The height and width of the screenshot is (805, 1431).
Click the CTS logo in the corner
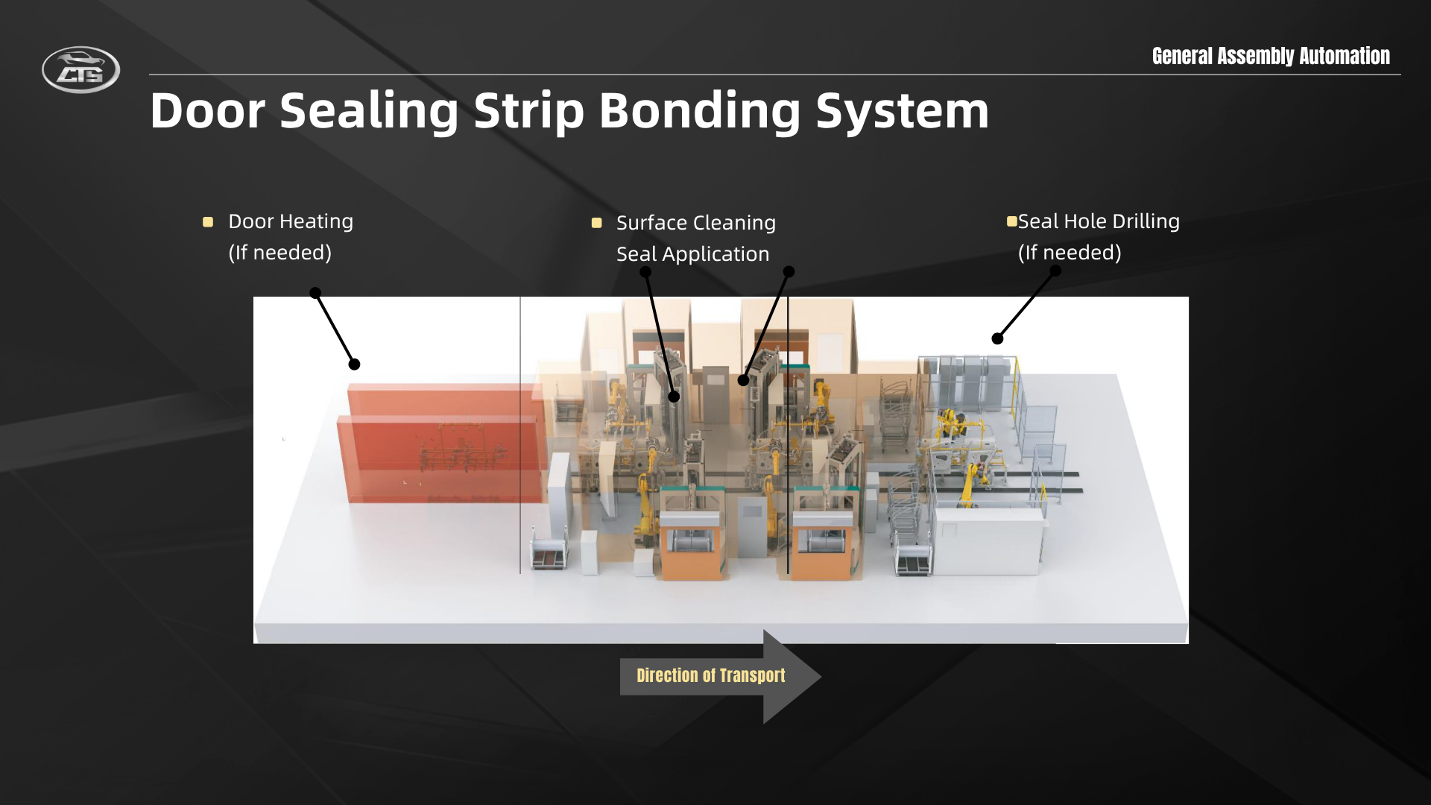(80, 70)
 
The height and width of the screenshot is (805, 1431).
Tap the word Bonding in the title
(699, 111)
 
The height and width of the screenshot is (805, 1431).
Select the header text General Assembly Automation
(1271, 56)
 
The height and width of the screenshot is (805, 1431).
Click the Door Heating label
(291, 221)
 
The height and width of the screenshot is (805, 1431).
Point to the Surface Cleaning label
(696, 223)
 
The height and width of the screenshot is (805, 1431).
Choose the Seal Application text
(692, 254)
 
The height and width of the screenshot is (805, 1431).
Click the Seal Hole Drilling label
(1099, 221)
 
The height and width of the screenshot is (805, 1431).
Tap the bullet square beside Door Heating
(208, 222)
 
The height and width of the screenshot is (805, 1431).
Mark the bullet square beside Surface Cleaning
(596, 223)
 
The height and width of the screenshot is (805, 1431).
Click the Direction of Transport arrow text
(711, 675)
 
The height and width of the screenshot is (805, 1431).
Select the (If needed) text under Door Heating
(279, 253)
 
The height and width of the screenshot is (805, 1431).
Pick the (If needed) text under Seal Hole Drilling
(1070, 253)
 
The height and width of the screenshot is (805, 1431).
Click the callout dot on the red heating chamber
(355, 364)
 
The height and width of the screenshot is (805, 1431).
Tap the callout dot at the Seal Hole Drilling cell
(997, 338)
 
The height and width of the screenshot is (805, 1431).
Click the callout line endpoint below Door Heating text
(315, 293)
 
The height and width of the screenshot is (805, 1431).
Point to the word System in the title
(903, 111)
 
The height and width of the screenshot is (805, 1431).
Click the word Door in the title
(207, 111)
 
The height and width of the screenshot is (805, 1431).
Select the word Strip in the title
(528, 111)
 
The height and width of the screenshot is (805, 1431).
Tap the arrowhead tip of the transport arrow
(821, 677)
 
